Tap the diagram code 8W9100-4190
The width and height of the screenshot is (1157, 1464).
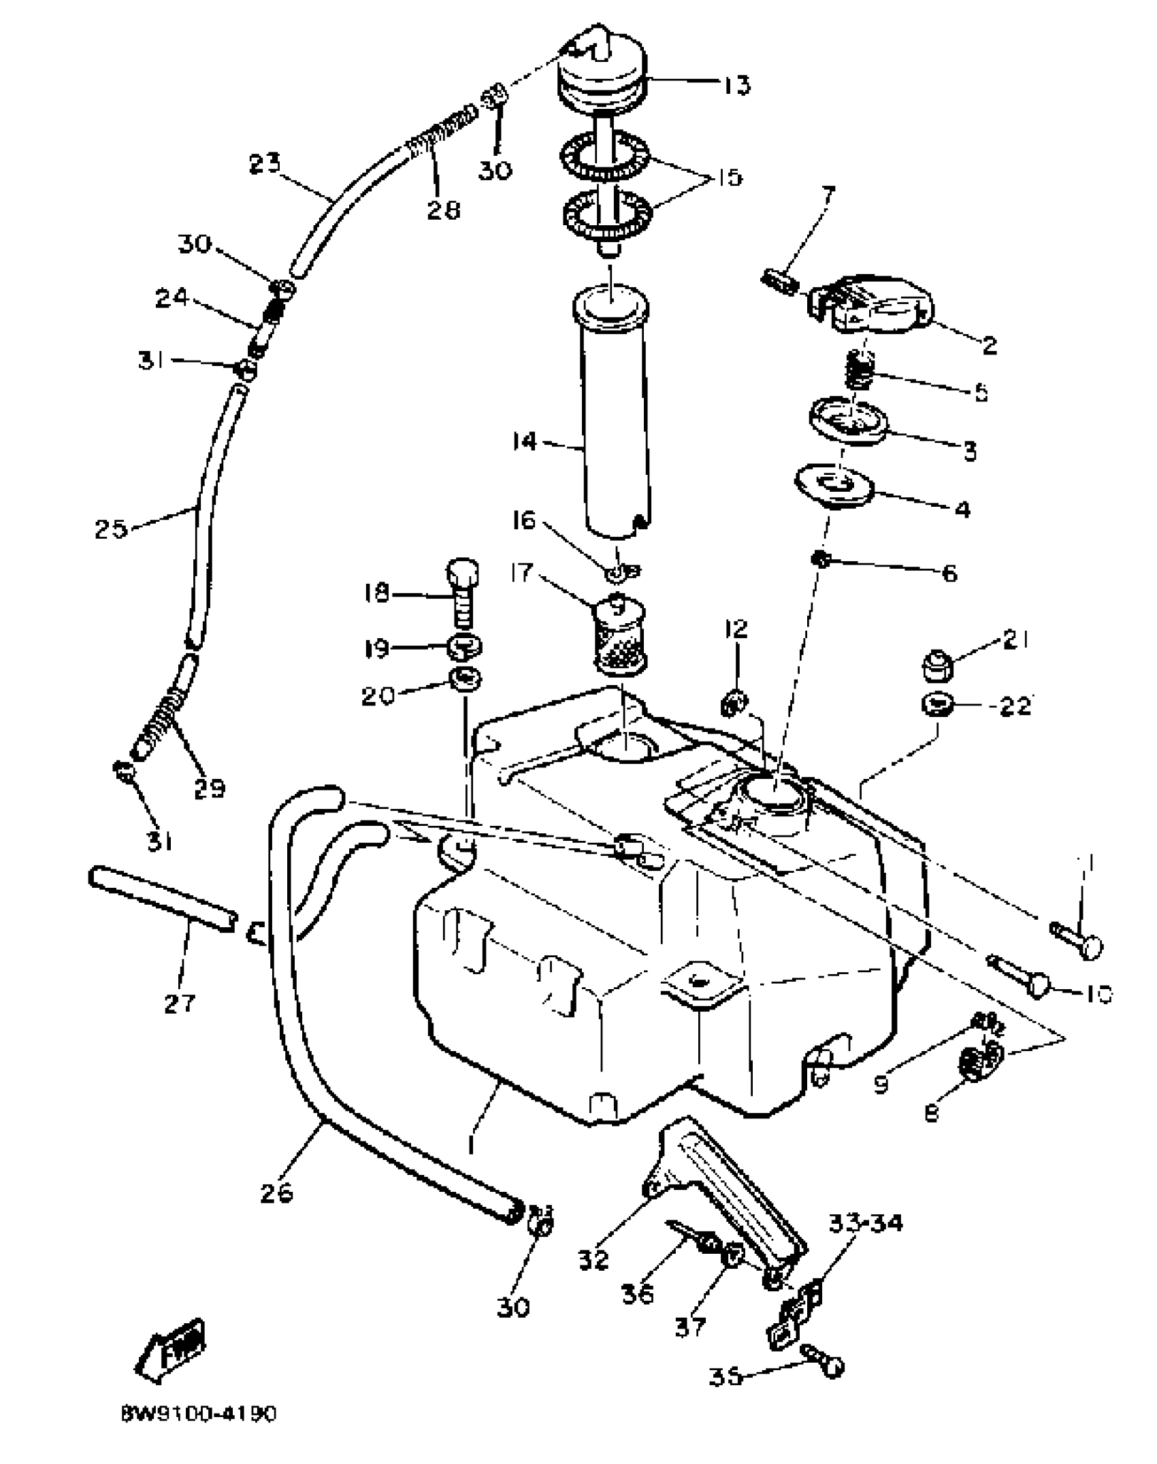pyautogui.click(x=199, y=1414)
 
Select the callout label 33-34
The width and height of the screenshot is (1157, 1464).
pyautogui.click(x=865, y=1223)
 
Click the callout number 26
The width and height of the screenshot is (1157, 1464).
pyautogui.click(x=276, y=1192)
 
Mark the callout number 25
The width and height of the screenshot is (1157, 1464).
pyautogui.click(x=111, y=529)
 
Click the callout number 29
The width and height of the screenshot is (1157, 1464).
pyautogui.click(x=209, y=788)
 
